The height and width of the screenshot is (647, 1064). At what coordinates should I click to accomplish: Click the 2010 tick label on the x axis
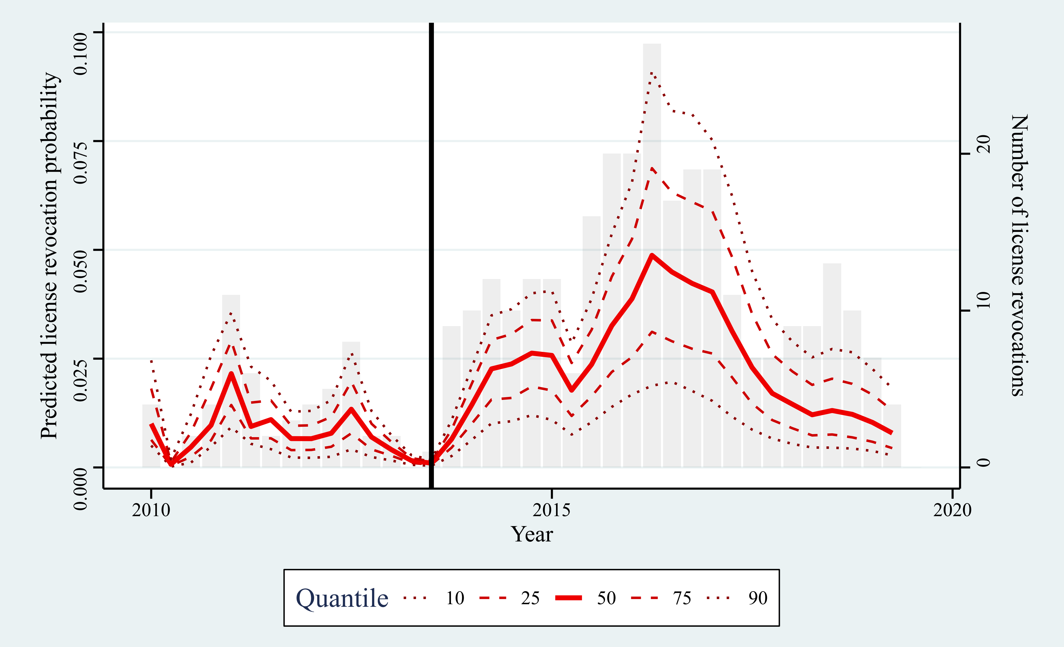pyautogui.click(x=151, y=511)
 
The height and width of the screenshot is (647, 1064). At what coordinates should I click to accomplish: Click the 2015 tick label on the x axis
pyautogui.click(x=551, y=511)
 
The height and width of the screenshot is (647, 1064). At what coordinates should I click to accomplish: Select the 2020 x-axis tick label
pyautogui.click(x=952, y=511)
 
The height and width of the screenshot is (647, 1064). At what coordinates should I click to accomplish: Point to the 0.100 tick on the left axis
pyautogui.click(x=81, y=53)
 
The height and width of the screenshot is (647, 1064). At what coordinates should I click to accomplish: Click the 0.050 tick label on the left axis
pyautogui.click(x=81, y=271)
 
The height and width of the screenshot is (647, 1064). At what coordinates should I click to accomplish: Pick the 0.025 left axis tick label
pyautogui.click(x=81, y=380)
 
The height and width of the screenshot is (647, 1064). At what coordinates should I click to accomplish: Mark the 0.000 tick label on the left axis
pyautogui.click(x=81, y=489)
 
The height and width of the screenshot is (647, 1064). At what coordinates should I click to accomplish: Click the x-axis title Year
pyautogui.click(x=532, y=534)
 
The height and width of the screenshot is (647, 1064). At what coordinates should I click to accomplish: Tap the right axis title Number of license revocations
pyautogui.click(x=1019, y=256)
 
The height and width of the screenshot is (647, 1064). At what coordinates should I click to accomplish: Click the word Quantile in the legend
pyautogui.click(x=342, y=598)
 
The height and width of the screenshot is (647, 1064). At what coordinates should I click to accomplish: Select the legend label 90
pyautogui.click(x=758, y=598)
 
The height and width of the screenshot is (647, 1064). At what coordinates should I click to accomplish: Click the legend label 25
pyautogui.click(x=530, y=598)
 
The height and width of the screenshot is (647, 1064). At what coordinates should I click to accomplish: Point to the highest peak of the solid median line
pyautogui.click(x=651, y=256)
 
